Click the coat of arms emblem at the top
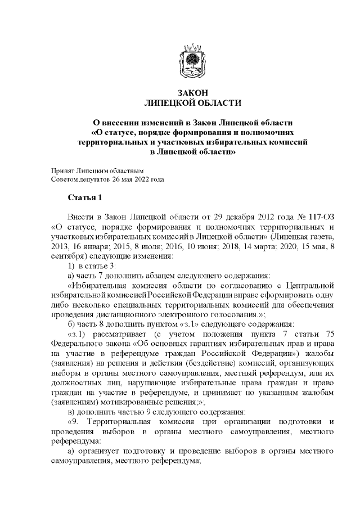tap(192, 60)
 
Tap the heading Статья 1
tap(85, 198)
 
